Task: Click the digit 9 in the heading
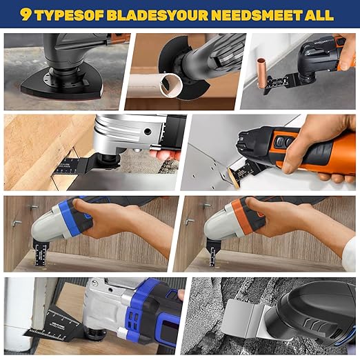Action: click(26, 14)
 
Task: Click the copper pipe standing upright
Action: click(261, 74)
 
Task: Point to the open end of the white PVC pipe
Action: click(171, 86)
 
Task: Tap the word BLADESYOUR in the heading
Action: click(157, 14)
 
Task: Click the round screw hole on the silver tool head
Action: click(147, 132)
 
